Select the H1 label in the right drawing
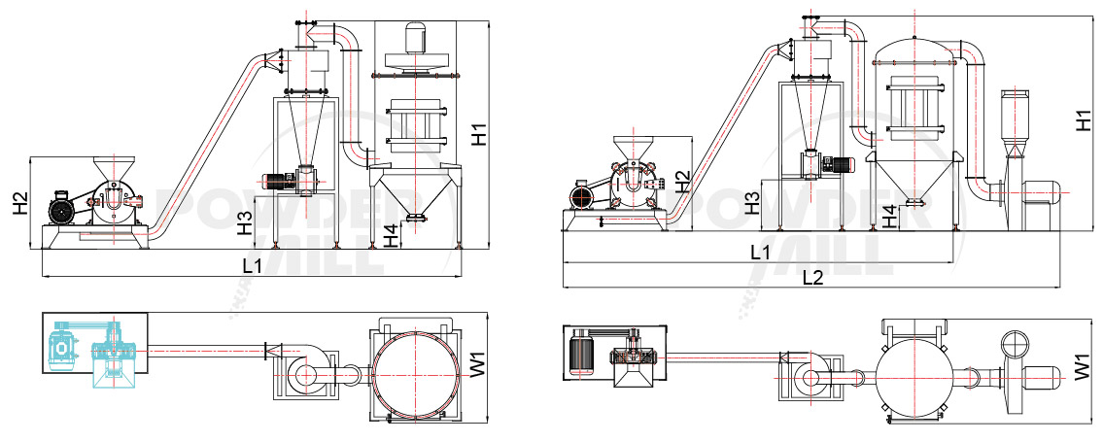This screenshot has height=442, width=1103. pos(1085,120)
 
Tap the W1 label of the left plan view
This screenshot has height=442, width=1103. pos(476,369)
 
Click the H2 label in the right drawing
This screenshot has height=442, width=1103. pos(683,181)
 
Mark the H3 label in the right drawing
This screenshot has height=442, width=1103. pos(752,202)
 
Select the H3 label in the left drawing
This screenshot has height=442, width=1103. pos(246,223)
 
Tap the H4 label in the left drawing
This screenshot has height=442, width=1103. pos(390,234)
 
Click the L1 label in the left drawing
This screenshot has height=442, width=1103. pos(251,265)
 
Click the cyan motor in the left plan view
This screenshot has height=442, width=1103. pos(65,347)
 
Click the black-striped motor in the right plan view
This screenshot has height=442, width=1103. pos(583,352)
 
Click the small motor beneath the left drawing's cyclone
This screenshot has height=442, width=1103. pos(283,180)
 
